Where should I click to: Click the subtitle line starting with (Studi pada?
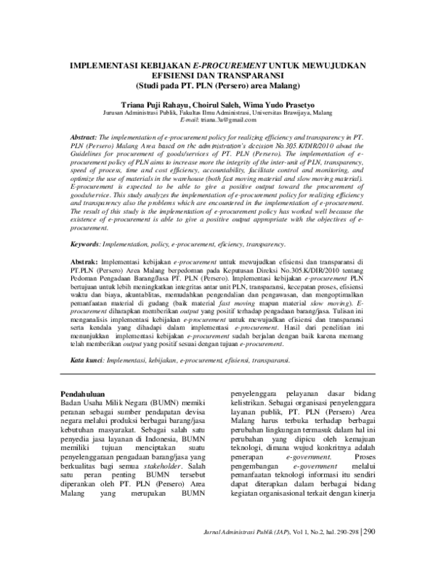(x=218, y=84)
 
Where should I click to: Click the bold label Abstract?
(x=86, y=137)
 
